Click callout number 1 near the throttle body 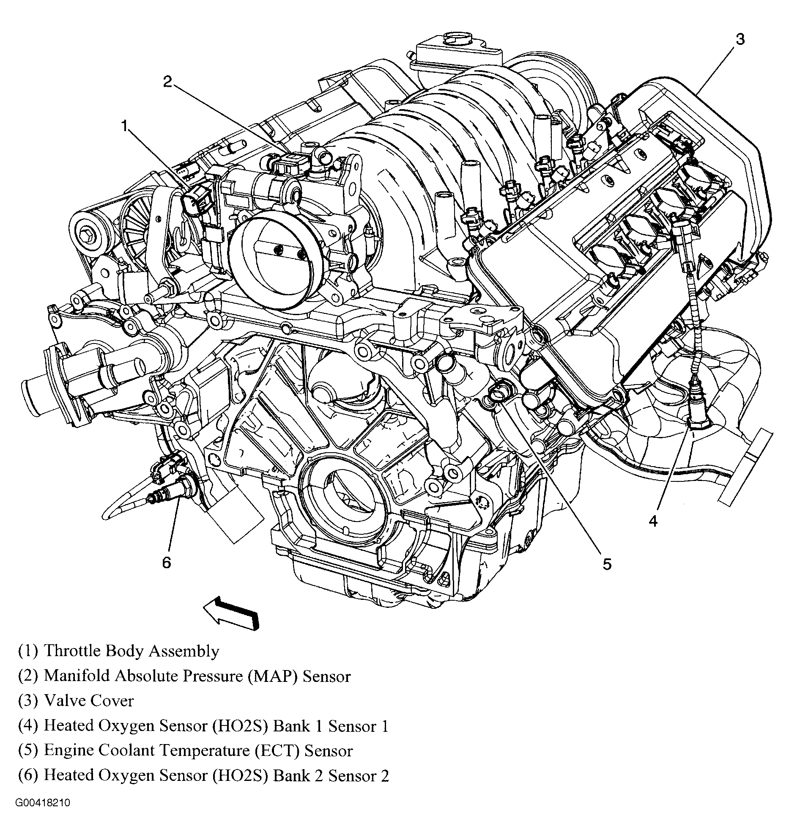point(124,126)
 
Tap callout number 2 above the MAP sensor point(168,81)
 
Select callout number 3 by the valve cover point(740,39)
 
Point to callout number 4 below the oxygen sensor point(653,521)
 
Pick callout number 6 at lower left point(167,562)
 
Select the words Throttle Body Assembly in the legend point(131,651)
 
